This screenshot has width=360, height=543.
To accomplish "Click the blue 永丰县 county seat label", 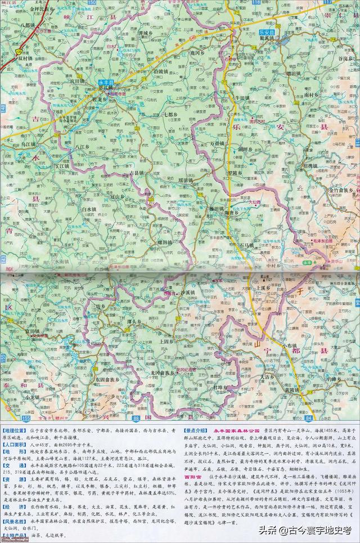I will (106, 83).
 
